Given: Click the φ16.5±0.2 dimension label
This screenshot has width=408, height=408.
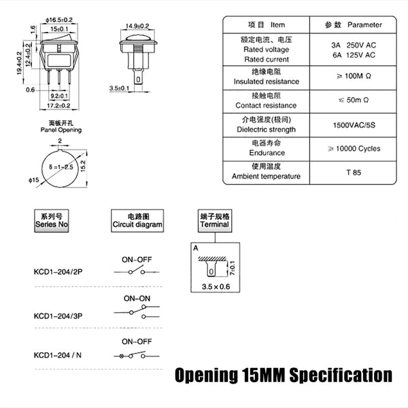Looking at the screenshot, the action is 59,20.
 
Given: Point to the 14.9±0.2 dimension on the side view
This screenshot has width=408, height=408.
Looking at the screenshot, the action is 137,26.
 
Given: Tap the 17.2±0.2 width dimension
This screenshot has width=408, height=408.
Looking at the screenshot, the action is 58,105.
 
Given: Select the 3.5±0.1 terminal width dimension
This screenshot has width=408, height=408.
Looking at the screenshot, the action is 119,88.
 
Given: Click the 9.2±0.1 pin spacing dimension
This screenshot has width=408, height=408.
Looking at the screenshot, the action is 59,96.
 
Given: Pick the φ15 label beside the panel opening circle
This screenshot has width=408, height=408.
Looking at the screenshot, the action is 34,180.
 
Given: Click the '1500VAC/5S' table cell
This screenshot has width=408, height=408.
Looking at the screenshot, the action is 354,125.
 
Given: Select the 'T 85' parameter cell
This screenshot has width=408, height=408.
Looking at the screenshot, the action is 354,173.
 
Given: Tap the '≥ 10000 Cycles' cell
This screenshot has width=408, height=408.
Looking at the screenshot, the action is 354,148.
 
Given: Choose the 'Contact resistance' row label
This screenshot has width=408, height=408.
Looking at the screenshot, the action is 266,105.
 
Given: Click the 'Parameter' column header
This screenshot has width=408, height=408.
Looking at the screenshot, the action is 364,24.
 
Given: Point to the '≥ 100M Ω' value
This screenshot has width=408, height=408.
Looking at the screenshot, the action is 354,76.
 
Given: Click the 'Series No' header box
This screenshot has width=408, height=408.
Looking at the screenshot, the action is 52,220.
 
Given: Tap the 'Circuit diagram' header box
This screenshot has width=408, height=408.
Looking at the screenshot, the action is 137,220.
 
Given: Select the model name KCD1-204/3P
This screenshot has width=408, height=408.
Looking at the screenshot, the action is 58,316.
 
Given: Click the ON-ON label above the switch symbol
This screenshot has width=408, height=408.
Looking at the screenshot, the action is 137,299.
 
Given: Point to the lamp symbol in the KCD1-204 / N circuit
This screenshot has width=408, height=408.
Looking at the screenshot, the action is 121,356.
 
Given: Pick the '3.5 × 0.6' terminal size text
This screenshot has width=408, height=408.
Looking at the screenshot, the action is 216,286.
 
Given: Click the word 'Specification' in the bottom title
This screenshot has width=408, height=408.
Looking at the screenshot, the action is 341,375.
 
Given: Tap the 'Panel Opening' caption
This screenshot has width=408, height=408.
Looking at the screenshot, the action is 61,130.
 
